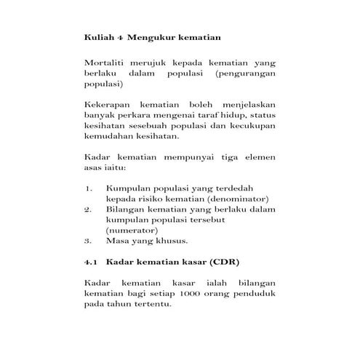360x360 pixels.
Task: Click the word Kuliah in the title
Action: (98, 36)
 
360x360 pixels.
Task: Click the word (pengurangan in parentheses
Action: (247, 74)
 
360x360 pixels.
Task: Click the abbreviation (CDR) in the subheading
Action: (225, 261)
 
